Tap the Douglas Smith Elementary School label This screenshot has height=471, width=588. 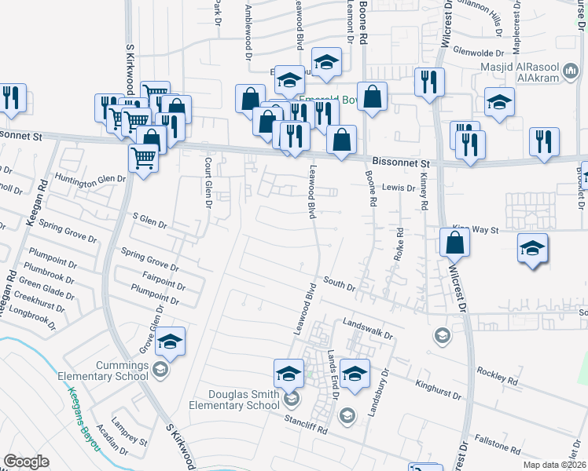pyautogui.click(x=234, y=400)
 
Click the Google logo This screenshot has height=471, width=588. pyautogui.click(x=27, y=462)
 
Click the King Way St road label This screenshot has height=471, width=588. pyautogui.click(x=472, y=229)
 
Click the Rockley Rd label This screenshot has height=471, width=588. pyautogui.click(x=497, y=377)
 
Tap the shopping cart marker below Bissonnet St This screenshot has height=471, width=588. pyautogui.click(x=144, y=157)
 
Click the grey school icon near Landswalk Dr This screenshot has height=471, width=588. pyautogui.click(x=442, y=336)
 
